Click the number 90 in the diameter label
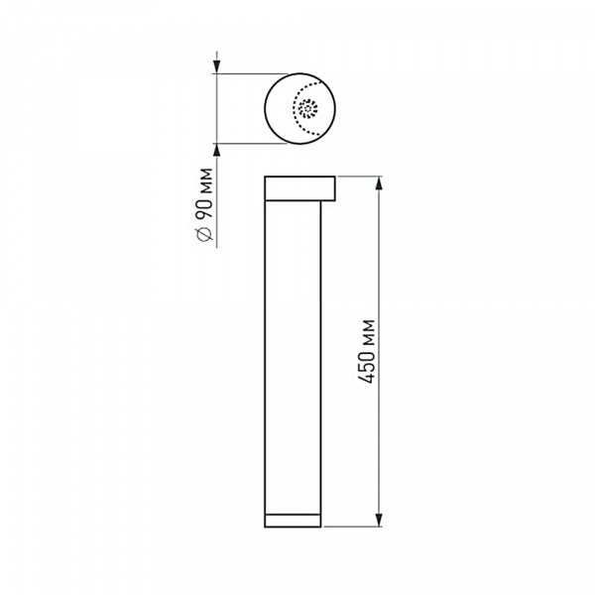point(202,209)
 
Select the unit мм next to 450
point(368,332)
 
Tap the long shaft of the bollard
point(294,357)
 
